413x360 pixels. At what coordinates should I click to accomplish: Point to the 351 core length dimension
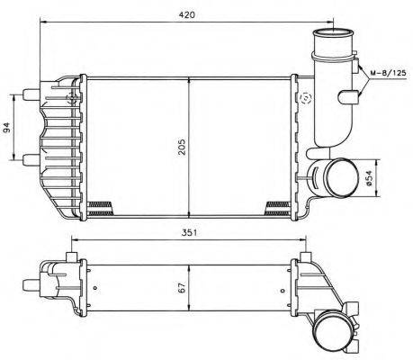point(187,231)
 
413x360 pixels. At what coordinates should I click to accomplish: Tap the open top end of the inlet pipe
point(329,40)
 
